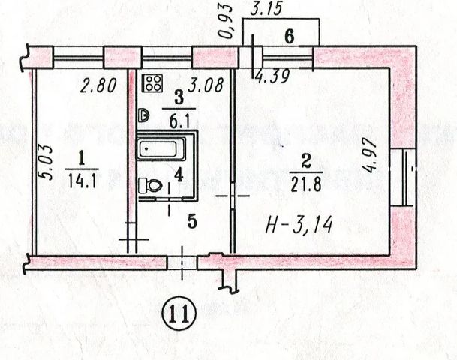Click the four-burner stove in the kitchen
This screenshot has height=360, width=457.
pos(155,82)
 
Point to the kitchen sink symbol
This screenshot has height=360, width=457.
pos(144,115)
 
